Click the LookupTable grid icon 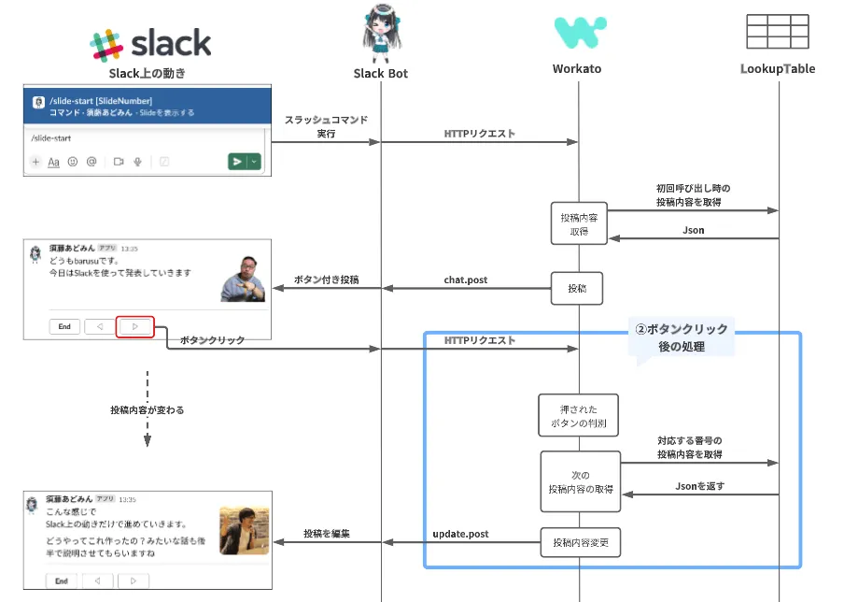[x=778, y=32]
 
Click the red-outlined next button [x=134, y=326]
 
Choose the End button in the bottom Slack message [x=62, y=580]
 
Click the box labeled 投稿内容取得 [x=578, y=223]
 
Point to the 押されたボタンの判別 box [x=579, y=416]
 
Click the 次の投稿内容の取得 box [x=579, y=481]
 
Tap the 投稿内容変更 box [x=579, y=542]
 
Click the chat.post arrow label [x=465, y=279]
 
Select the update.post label [x=460, y=534]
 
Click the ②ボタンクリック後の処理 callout [x=682, y=337]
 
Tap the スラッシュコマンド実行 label [x=326, y=127]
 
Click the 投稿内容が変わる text [x=147, y=409]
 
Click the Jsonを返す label [x=699, y=486]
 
